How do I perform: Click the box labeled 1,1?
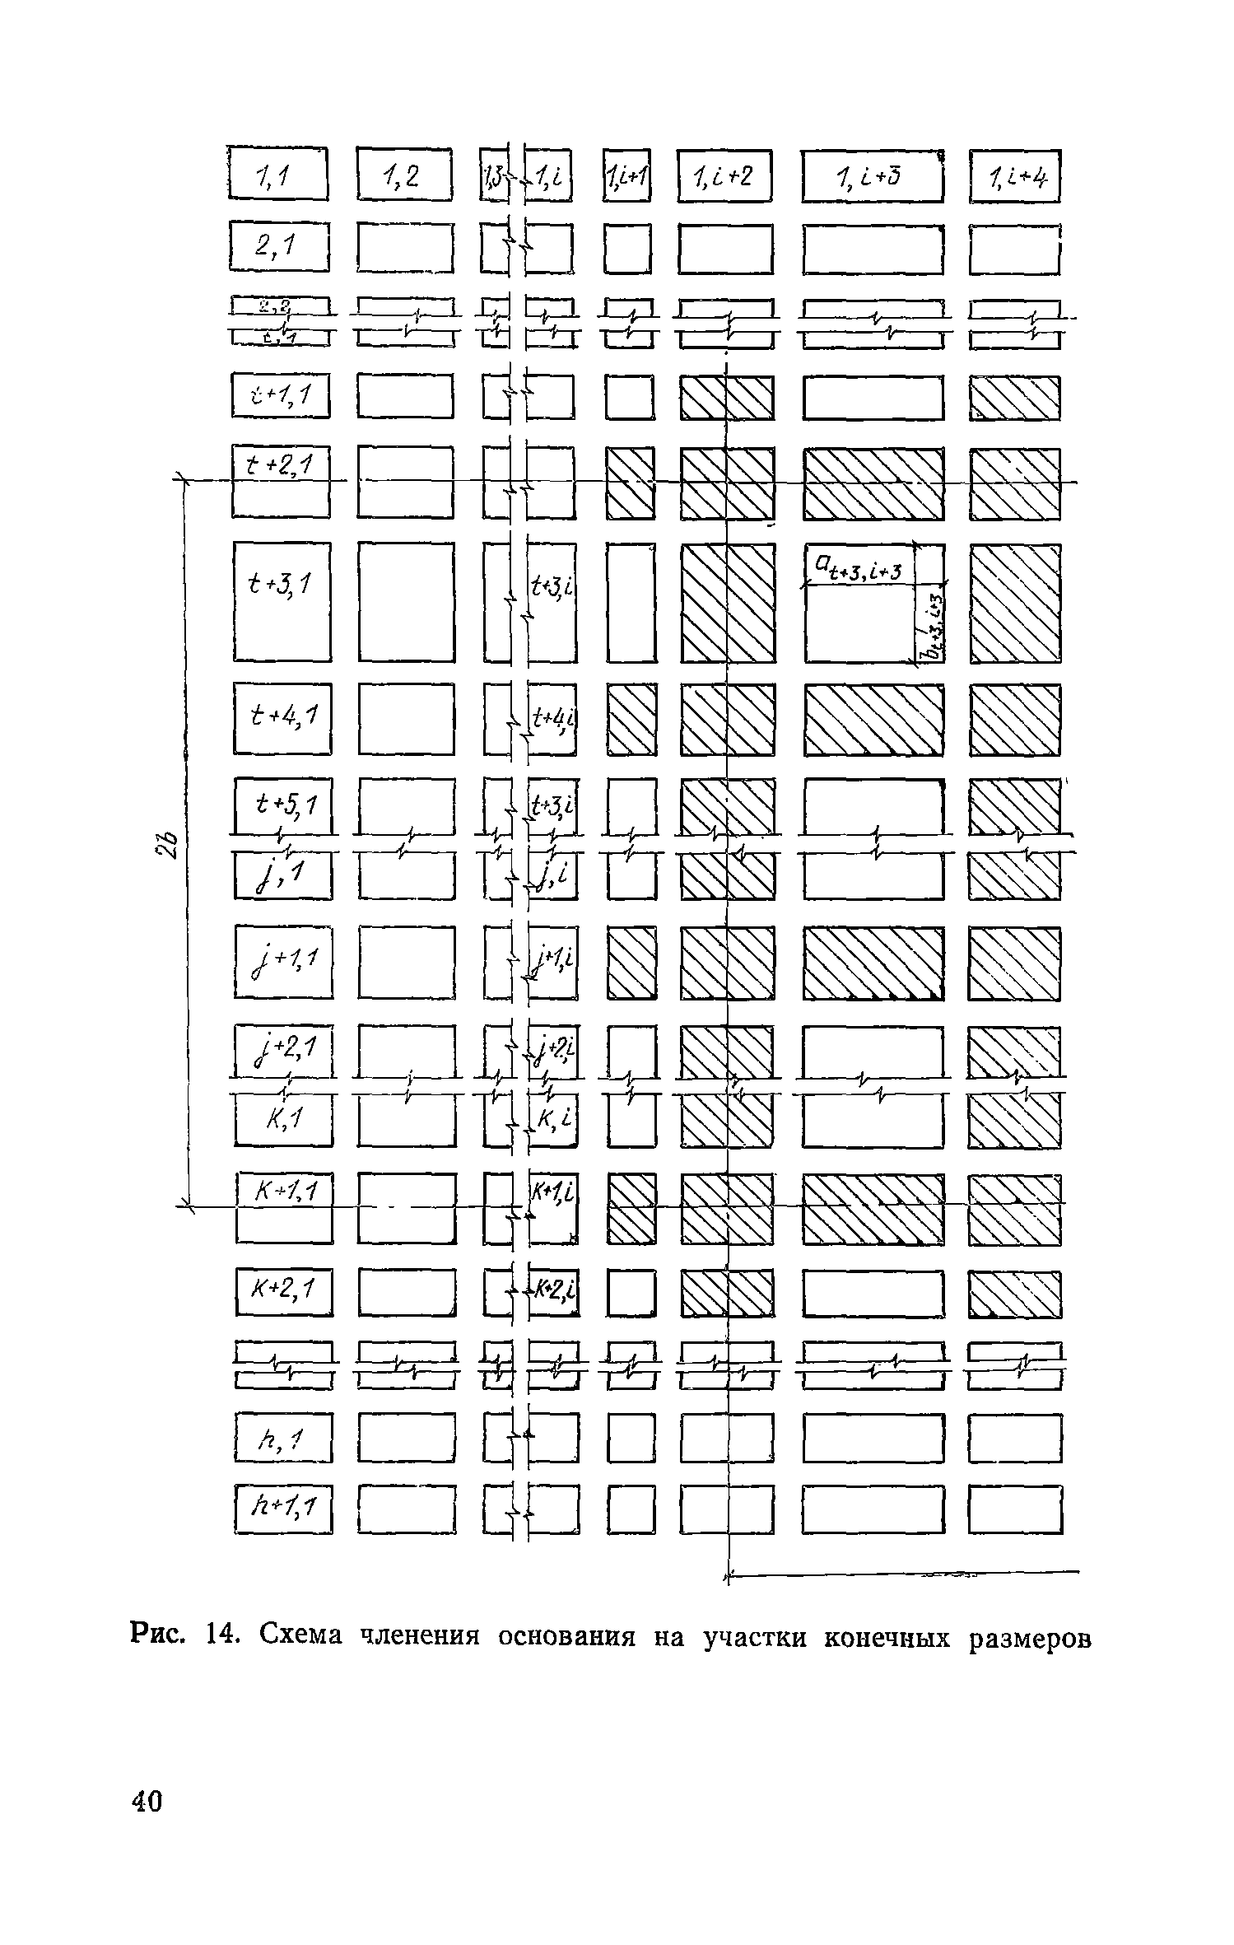pos(277,173)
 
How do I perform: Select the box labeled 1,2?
pos(404,174)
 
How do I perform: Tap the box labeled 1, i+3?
pos(872,176)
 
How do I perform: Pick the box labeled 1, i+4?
pos(1015,175)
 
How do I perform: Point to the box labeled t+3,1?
pos(282,600)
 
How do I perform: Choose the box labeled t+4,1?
pos(282,718)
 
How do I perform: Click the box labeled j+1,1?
pos(284,962)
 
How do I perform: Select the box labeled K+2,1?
pos(284,1292)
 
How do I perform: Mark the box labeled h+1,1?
pos(284,1509)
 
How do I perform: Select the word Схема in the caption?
pos(300,1633)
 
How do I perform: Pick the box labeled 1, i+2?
pos(724,175)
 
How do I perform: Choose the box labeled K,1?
pos(284,1121)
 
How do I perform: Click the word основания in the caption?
pos(567,1634)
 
